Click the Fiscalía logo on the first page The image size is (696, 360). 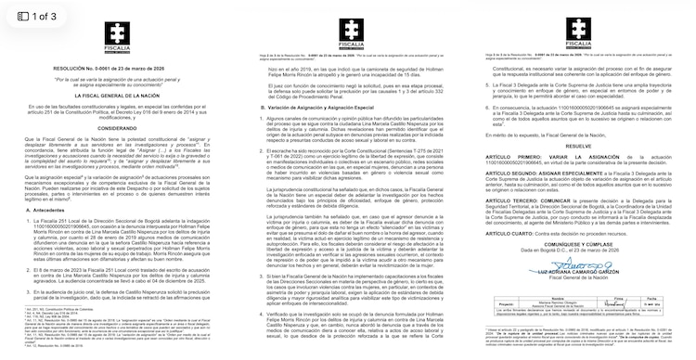pyautogui.click(x=117, y=31)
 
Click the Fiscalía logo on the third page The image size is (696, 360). pyautogui.click(x=576, y=31)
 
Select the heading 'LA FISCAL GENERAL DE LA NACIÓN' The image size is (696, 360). pyautogui.click(x=116, y=96)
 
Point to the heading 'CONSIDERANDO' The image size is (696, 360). pyautogui.click(x=116, y=131)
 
